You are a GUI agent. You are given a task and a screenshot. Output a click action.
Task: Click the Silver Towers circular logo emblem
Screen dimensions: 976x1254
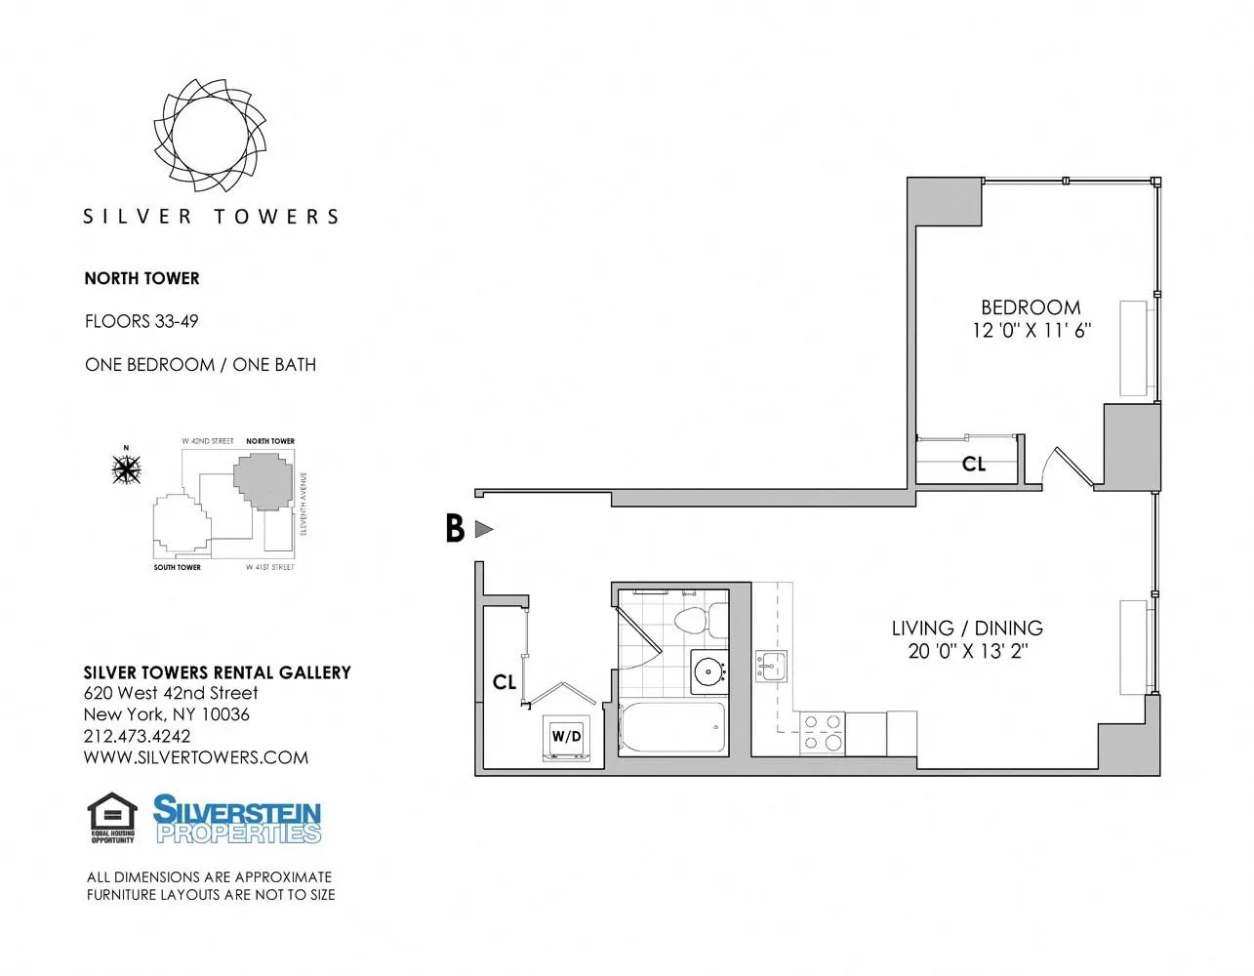[x=210, y=134]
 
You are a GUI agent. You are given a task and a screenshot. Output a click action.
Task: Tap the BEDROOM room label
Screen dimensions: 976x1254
[x=1031, y=307]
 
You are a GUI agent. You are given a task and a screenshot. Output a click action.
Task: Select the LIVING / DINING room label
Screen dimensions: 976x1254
[x=967, y=629]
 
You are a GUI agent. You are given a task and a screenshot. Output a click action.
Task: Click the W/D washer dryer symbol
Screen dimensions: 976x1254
[x=566, y=737]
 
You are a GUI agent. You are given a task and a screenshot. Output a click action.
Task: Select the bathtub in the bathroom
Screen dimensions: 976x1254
[x=672, y=728]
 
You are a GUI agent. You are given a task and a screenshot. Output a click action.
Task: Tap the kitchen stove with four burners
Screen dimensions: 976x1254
[x=822, y=733]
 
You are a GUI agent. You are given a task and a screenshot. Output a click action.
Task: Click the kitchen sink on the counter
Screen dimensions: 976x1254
[x=771, y=667]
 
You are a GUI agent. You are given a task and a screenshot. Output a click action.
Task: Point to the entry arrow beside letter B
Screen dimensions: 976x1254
[x=483, y=529]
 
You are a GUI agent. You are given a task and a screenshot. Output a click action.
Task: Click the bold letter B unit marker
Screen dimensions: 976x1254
[x=455, y=529]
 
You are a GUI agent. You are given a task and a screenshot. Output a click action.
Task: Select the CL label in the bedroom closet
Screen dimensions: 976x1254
[x=974, y=465]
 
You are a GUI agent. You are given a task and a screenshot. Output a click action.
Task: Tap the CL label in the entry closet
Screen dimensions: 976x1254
[x=505, y=682]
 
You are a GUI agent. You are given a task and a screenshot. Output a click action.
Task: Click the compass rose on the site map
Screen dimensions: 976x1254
[x=126, y=469]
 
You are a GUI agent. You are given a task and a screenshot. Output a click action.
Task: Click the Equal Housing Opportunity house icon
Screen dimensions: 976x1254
[x=112, y=817]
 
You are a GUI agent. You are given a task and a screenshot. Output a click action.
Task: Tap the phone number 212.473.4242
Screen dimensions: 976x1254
[x=137, y=737]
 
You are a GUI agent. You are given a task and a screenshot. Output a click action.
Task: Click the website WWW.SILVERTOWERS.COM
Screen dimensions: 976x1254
[x=195, y=757]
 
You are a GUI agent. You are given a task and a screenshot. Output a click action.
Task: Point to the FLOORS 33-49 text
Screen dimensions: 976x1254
[x=142, y=321]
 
